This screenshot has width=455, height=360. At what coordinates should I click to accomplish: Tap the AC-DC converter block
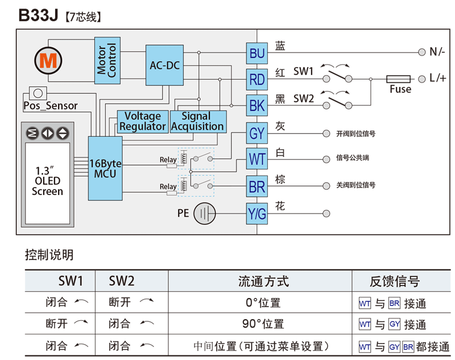(x=164, y=65)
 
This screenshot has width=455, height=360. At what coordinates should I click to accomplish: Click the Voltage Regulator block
(x=143, y=122)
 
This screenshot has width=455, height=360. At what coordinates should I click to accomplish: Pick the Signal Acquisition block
(x=197, y=122)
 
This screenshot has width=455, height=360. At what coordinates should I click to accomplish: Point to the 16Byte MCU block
(x=105, y=168)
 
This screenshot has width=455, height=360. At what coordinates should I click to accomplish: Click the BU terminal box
(x=257, y=54)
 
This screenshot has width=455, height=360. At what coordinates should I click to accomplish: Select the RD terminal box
(x=257, y=80)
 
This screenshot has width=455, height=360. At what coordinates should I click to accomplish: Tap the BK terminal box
(x=257, y=106)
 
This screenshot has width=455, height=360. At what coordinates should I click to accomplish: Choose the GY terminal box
(x=257, y=134)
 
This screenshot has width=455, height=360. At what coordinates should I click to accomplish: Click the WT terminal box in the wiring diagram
(x=257, y=160)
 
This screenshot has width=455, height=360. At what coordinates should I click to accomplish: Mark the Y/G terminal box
(x=257, y=214)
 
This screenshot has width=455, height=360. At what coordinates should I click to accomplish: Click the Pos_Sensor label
(x=50, y=106)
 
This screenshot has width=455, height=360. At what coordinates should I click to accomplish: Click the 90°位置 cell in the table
(x=263, y=324)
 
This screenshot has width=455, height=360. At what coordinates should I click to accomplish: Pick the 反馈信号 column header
(x=395, y=281)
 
